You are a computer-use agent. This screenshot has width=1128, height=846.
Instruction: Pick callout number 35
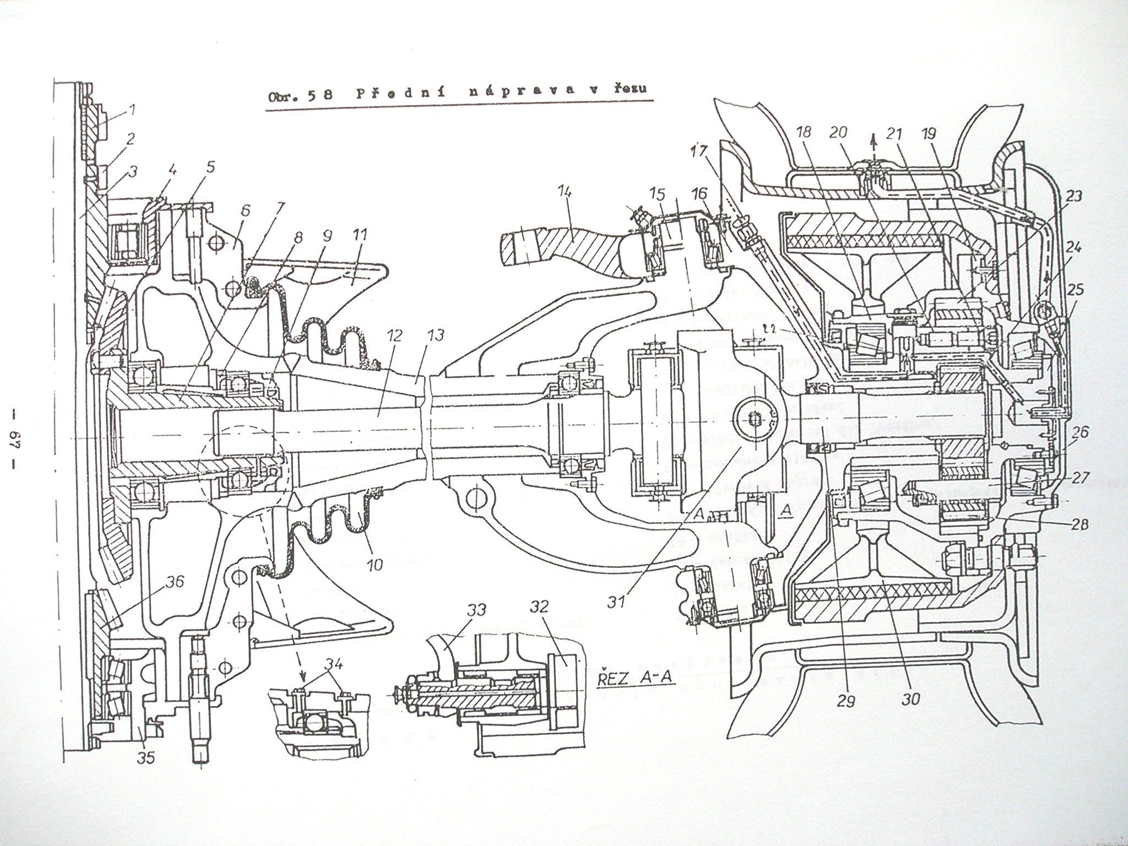[147, 757]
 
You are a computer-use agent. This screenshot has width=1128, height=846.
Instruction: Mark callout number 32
[540, 608]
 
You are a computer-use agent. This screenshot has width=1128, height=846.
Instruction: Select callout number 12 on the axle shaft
[394, 335]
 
